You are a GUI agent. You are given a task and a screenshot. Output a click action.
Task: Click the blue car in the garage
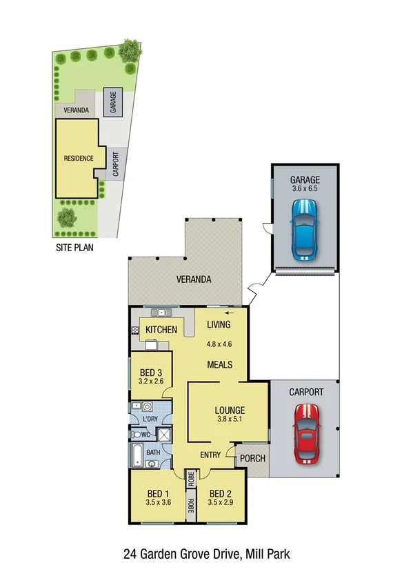pyautogui.click(x=305, y=230)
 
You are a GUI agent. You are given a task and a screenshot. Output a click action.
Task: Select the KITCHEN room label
pyautogui.click(x=161, y=330)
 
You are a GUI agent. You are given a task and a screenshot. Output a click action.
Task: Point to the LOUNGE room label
pyautogui.click(x=227, y=408)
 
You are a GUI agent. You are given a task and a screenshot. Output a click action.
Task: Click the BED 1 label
pyautogui.click(x=157, y=493)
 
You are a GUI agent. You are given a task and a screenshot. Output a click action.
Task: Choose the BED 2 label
pyautogui.click(x=221, y=493)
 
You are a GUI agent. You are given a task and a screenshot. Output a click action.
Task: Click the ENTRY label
pyautogui.click(x=211, y=455)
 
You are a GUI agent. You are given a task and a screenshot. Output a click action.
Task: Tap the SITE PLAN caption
pyautogui.click(x=74, y=246)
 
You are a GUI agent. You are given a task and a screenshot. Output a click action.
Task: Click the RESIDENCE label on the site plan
pyautogui.click(x=78, y=158)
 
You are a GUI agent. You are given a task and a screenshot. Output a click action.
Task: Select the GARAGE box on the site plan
pyautogui.click(x=112, y=101)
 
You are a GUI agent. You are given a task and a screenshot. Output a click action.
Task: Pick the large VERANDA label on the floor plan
pyautogui.click(x=192, y=280)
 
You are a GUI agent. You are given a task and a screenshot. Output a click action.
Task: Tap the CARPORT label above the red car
pyautogui.click(x=305, y=392)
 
